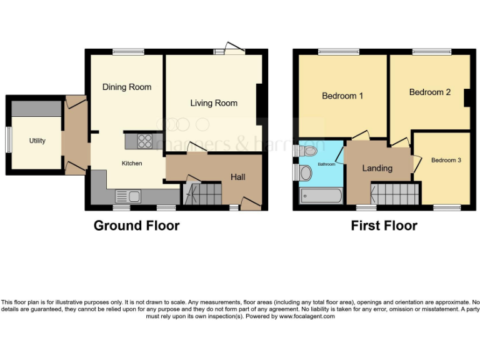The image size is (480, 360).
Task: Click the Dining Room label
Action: pyautogui.click(x=127, y=87)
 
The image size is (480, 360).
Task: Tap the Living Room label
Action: pyautogui.click(x=214, y=103)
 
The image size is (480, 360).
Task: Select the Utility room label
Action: pyautogui.click(x=37, y=141)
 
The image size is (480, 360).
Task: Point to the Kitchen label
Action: pyautogui.click(x=132, y=164)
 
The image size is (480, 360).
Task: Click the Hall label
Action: pyautogui.click(x=237, y=177)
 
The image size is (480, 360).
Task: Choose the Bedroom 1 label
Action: pyautogui.click(x=342, y=96)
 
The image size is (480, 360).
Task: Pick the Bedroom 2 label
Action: pyautogui.click(x=430, y=92)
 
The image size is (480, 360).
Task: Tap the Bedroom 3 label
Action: pyautogui.click(x=446, y=161)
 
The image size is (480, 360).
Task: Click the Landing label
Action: pyautogui.click(x=377, y=168)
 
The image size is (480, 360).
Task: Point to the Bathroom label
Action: pyautogui.click(x=326, y=164)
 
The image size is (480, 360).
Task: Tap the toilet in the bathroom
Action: pyautogui.click(x=308, y=151)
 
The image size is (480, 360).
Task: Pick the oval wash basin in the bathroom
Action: pyautogui.click(x=306, y=173)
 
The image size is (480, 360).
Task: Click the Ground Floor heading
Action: pyautogui.click(x=136, y=226)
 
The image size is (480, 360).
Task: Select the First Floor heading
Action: pyautogui.click(x=384, y=226)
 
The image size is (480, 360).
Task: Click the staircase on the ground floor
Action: pyautogui.click(x=204, y=193)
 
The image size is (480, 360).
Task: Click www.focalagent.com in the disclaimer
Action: pyautogui.click(x=306, y=316)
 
